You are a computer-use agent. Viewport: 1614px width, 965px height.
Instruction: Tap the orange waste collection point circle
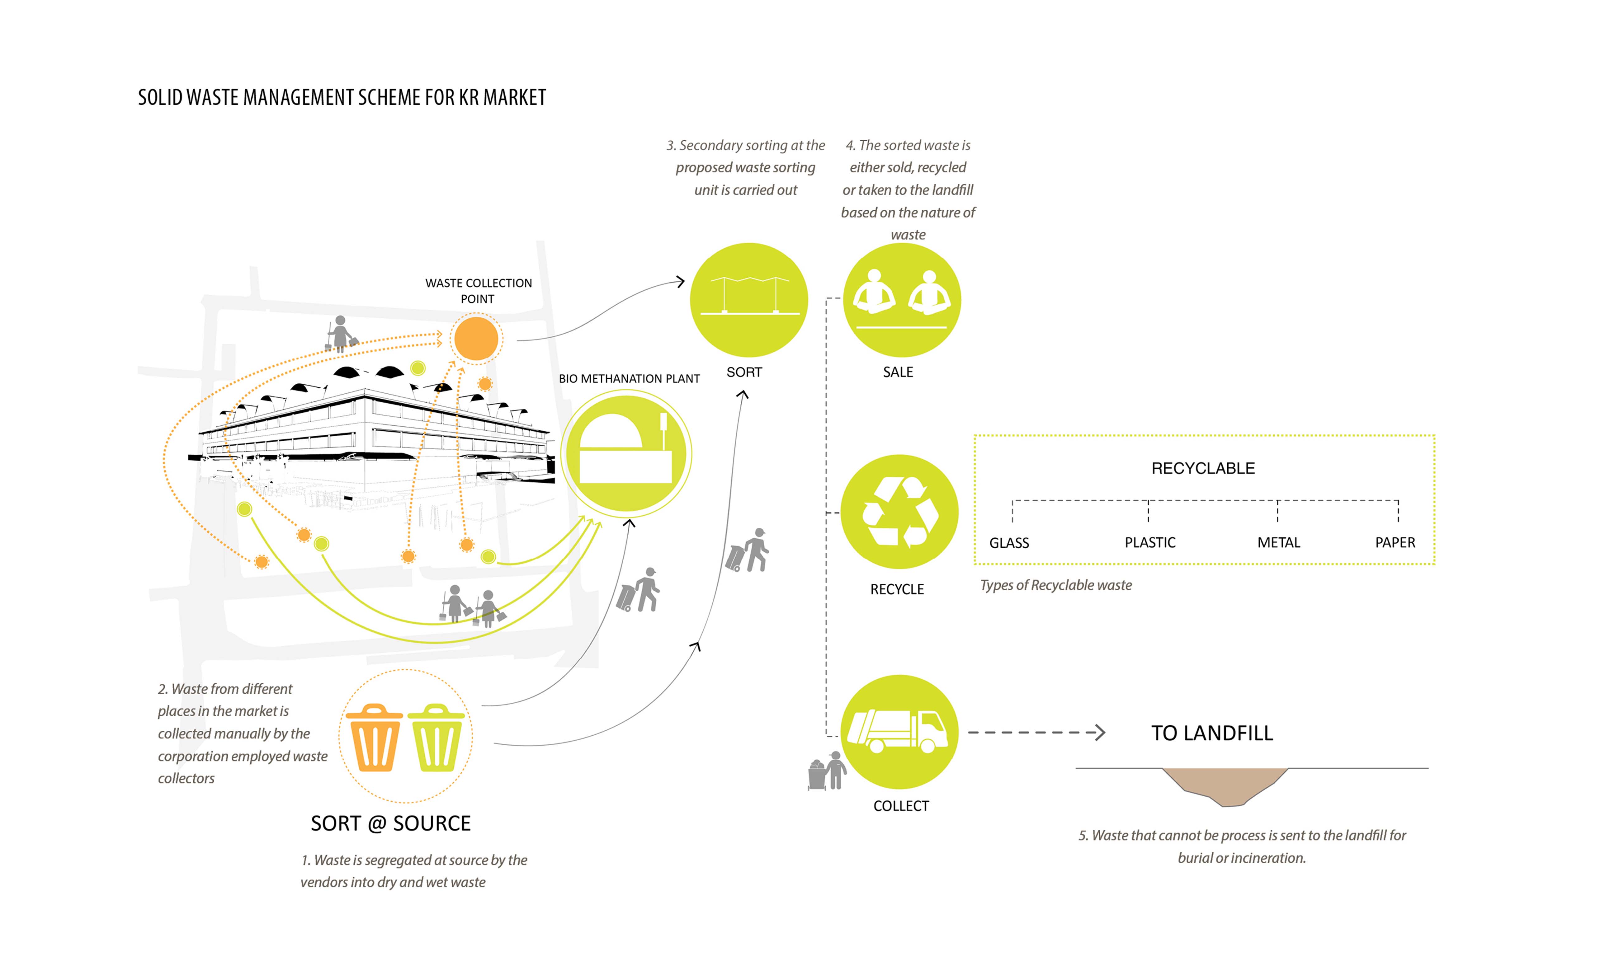476,338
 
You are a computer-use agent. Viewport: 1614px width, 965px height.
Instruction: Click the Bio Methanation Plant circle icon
626,453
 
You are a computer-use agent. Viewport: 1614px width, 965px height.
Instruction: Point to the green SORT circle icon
749,300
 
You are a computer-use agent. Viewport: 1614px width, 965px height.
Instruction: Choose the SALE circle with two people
902,300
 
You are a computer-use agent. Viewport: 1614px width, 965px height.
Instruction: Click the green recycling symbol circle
900,513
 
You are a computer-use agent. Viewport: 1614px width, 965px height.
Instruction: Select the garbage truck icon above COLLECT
900,732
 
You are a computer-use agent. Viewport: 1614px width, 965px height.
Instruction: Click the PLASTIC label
1149,542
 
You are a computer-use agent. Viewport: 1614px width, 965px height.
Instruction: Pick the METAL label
1278,542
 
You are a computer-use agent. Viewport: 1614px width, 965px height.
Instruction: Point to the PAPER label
1395,542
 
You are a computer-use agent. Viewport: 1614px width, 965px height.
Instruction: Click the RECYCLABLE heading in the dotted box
1203,468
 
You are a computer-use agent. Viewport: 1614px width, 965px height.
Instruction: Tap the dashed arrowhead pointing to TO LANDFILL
1099,733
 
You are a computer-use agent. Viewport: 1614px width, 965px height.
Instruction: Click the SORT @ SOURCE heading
390,823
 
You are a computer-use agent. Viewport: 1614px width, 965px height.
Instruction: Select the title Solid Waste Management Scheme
342,97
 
